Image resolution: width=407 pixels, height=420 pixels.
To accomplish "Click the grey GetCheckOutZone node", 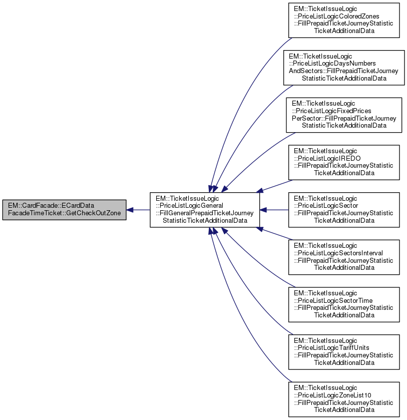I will [64, 210].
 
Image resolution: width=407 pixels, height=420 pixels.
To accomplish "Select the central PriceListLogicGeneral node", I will [205, 210].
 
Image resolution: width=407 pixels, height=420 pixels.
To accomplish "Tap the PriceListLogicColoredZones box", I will [343, 20].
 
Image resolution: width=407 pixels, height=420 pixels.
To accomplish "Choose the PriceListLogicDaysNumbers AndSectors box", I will [343, 68].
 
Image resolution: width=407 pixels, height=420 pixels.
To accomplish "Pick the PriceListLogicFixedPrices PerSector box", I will [344, 115].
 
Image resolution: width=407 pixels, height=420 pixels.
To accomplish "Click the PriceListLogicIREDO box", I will [343, 162].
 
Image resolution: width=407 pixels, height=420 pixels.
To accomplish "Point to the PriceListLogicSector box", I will [343, 210].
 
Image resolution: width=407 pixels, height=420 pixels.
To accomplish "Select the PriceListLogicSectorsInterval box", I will [343, 257].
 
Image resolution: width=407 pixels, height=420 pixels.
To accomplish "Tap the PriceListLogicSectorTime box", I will [343, 304].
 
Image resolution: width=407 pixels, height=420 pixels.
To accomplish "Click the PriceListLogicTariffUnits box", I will [343, 352].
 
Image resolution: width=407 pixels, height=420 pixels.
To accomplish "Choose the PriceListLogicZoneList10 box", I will [343, 399].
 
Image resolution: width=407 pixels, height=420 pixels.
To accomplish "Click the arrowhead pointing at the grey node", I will [130, 210].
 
